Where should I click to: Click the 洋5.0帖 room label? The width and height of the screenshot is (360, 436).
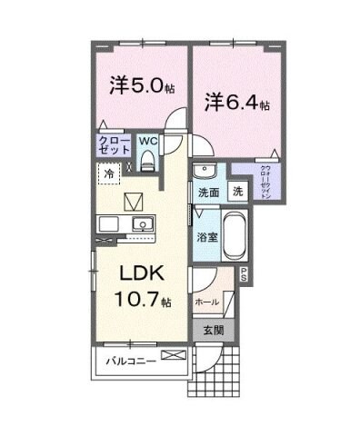click(x=141, y=88)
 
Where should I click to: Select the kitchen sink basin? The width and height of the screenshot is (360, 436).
click(x=139, y=224)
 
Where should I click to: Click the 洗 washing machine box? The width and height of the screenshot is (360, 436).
click(x=236, y=193)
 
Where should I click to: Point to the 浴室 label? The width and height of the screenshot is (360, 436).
click(x=205, y=237)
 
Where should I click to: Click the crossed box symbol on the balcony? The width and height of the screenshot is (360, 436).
click(x=171, y=355)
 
